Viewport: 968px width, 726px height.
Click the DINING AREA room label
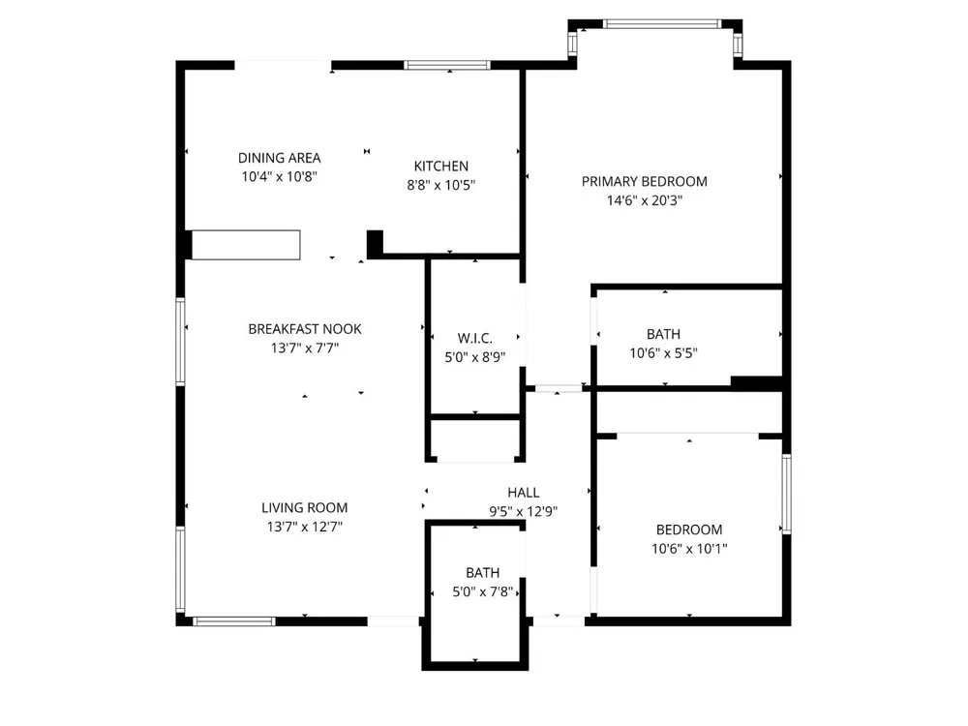click(x=279, y=158)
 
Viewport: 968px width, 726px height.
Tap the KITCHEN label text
click(x=440, y=166)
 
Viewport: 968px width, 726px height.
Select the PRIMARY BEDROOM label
click(x=645, y=182)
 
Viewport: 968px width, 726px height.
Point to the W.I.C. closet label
click(x=474, y=338)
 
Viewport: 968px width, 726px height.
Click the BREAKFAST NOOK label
click(x=305, y=329)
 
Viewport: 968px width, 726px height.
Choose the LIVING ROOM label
click(x=304, y=507)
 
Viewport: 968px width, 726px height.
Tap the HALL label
click(x=524, y=493)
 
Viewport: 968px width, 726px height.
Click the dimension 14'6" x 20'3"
click(x=645, y=200)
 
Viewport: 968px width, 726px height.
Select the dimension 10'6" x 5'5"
click(x=664, y=353)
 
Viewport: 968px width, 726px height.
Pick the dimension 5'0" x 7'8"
click(x=483, y=592)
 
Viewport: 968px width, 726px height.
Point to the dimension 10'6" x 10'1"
click(x=689, y=549)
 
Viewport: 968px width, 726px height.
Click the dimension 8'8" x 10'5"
click(x=440, y=185)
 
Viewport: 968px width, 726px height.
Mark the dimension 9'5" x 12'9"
click(x=524, y=512)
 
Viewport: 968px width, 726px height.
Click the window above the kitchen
click(x=447, y=65)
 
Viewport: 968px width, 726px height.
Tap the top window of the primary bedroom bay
click(x=662, y=24)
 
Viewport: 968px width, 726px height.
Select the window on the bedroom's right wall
click(x=786, y=494)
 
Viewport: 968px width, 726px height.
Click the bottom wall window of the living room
click(x=234, y=621)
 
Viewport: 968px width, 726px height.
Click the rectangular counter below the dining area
click(x=246, y=245)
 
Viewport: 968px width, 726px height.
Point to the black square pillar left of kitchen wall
click(x=375, y=243)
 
